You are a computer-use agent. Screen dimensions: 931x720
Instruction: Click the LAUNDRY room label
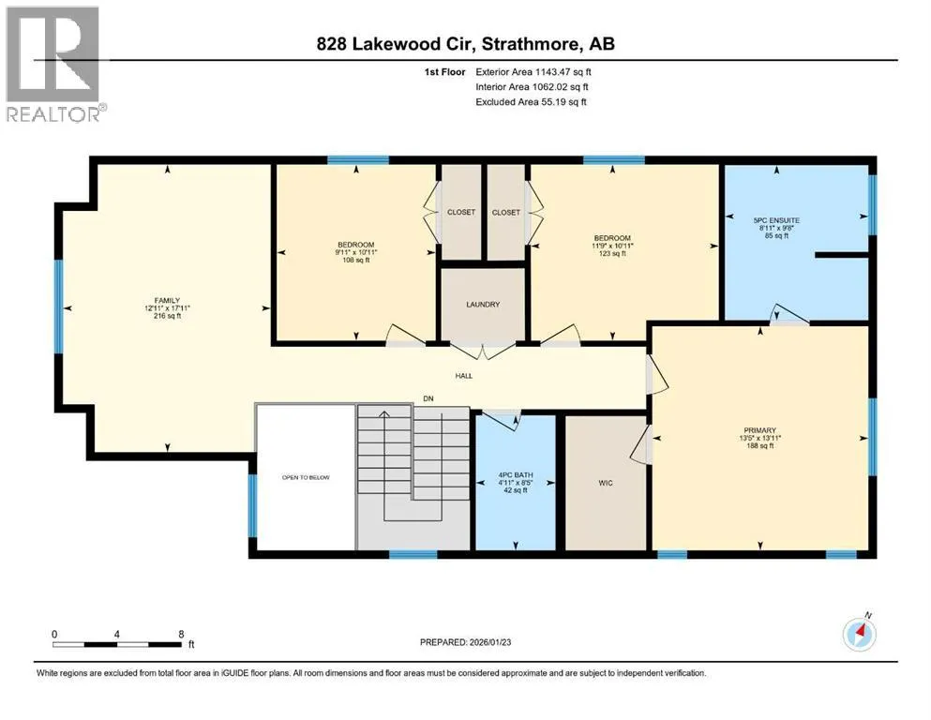[483, 305]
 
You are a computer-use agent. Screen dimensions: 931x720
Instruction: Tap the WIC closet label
[606, 483]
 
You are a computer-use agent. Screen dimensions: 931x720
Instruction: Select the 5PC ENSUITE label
[776, 220]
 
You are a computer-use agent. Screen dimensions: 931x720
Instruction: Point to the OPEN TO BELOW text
[306, 477]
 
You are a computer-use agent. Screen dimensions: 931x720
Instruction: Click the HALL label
[464, 376]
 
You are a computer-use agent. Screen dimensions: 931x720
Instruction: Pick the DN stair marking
[428, 398]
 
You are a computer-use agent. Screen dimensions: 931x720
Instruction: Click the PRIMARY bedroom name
[760, 430]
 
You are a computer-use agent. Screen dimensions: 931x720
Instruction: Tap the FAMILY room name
[168, 301]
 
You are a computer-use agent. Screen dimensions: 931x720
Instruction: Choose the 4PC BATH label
[516, 475]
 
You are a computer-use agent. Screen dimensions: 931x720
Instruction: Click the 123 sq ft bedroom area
[612, 253]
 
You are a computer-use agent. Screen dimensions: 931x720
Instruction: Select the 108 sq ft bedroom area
[355, 260]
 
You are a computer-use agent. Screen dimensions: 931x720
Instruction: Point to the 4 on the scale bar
[117, 634]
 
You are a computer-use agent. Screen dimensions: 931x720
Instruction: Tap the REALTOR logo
[54, 64]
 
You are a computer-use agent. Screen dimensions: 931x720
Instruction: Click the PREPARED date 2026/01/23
[490, 642]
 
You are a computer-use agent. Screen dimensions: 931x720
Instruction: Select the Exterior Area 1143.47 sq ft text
[533, 72]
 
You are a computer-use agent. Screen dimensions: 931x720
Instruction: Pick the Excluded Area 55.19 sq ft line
[531, 101]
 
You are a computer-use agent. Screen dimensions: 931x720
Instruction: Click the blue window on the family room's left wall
[59, 307]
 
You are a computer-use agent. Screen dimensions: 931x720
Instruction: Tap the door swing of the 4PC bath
[502, 420]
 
